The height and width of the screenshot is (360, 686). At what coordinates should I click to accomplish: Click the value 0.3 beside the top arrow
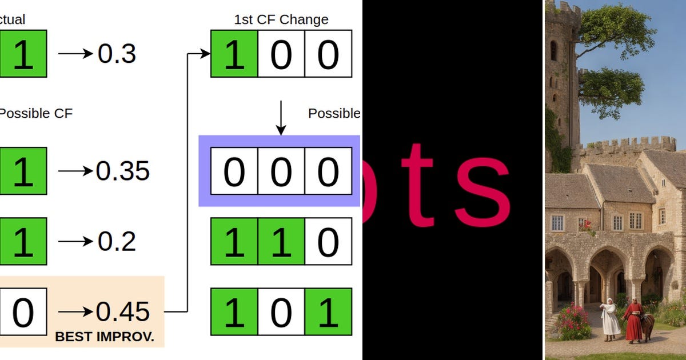[117, 54]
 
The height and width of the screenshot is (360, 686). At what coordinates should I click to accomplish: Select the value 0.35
[122, 170]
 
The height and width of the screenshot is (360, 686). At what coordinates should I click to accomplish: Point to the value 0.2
[117, 241]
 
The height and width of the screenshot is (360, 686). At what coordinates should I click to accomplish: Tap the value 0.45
[122, 312]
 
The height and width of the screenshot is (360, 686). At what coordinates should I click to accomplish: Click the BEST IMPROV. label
[105, 337]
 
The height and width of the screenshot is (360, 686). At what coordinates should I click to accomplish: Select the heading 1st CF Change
[281, 19]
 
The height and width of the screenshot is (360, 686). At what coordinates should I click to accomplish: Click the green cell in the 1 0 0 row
[234, 54]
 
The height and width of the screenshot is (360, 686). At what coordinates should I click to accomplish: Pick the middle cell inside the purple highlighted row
[281, 171]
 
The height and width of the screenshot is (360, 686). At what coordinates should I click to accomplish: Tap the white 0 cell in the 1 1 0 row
[328, 241]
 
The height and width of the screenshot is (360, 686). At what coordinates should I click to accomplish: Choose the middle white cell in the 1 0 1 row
[281, 312]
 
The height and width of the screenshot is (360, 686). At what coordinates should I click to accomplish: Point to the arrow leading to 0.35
[75, 170]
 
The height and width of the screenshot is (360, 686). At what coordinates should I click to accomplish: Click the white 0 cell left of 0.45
[23, 312]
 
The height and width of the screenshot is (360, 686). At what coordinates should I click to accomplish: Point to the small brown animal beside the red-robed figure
[648, 327]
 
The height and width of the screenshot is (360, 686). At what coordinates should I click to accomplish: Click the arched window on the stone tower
[553, 50]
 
